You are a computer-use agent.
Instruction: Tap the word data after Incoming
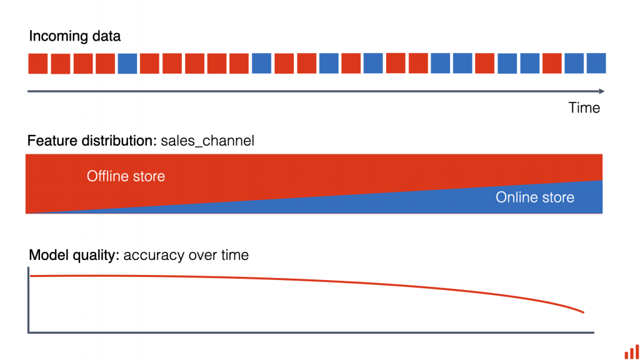coord(106,36)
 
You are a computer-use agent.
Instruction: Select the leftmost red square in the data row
coord(38,64)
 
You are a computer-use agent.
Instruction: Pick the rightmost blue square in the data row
coord(596,63)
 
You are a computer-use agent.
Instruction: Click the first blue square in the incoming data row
coord(127,64)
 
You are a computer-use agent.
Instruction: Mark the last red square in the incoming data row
coord(552,63)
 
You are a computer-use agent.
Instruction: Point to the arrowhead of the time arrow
coord(602,91)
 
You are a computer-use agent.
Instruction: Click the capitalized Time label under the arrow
coord(584,107)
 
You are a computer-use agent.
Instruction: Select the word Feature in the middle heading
coord(52,141)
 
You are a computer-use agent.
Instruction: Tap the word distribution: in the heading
coord(119,141)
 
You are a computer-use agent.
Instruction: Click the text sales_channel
coord(207,141)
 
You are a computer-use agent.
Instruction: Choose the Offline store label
coord(126,176)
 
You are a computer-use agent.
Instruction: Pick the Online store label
coord(535,197)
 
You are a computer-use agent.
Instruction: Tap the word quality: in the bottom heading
coord(96,256)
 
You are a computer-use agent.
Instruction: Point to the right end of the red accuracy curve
coord(584,312)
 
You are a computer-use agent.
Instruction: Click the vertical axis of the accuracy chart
coord(28,300)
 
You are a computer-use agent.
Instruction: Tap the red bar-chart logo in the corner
coord(632,352)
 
